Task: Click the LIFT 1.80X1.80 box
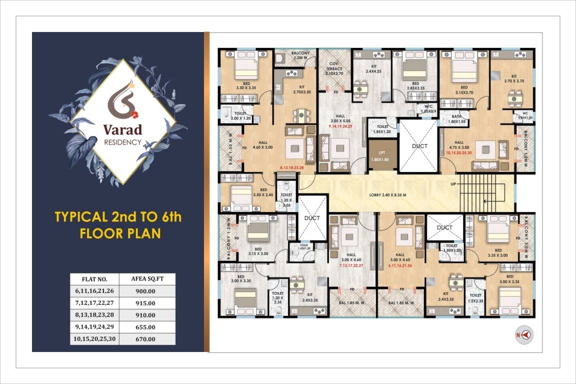382,155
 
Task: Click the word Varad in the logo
122,129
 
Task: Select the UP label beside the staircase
453,184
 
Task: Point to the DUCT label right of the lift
420,146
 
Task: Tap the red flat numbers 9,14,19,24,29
334,127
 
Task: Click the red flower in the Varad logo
133,114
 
